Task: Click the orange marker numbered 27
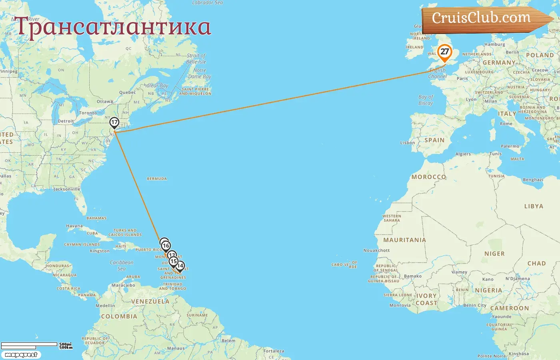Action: coord(444,52)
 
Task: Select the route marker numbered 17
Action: coord(114,122)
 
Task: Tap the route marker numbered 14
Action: coord(180,266)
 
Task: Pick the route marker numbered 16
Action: coord(166,246)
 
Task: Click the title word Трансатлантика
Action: coord(113,27)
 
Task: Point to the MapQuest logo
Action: coord(21,354)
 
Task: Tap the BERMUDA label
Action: coord(157,179)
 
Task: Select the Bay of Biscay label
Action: coord(426,100)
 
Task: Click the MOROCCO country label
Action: coord(428,177)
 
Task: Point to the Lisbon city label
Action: coord(408,143)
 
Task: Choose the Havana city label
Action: coord(74,226)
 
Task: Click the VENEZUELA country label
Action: coord(150,302)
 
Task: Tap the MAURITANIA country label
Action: coord(404,240)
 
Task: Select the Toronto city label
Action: coord(88,113)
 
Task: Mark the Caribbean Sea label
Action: coord(122,266)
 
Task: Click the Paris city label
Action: coord(462,79)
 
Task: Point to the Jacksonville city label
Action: coord(67,189)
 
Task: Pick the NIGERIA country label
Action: coord(488,290)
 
